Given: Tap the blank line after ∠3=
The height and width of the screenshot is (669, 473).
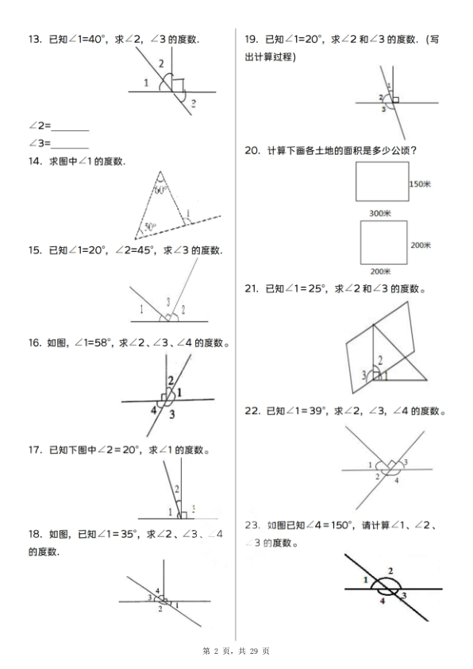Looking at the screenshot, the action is [x=70, y=144].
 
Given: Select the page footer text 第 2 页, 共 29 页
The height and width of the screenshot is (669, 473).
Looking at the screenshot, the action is [x=236, y=652].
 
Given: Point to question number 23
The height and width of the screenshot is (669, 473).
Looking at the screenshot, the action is [x=253, y=525].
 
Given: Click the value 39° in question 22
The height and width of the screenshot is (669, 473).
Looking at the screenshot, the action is [x=317, y=411].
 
